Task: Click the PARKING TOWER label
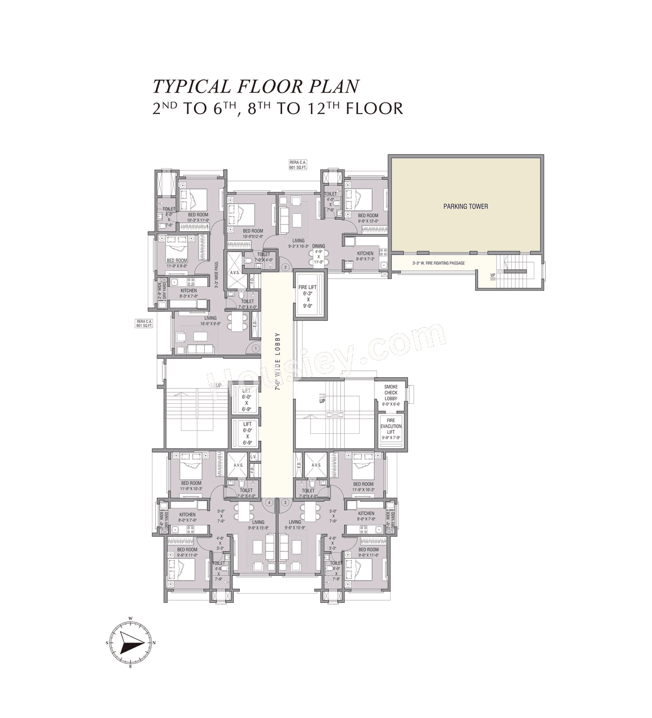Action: (465, 206)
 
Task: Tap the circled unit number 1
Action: (256, 348)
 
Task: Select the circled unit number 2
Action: (286, 267)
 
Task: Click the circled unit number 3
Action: (285, 503)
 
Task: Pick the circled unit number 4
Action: (268, 503)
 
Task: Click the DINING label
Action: (319, 246)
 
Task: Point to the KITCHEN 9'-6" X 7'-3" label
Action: (365, 256)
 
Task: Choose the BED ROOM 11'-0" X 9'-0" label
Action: (177, 263)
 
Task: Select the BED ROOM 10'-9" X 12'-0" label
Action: (253, 233)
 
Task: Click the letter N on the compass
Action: (154, 643)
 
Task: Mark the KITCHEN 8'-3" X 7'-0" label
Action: (188, 293)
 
